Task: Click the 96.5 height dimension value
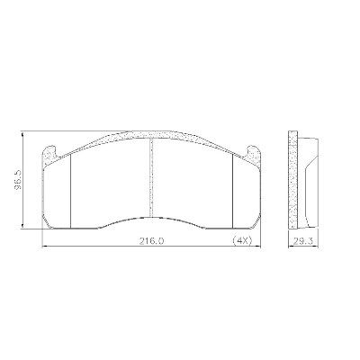(18, 181)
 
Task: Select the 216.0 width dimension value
(151, 240)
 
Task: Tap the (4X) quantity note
(242, 240)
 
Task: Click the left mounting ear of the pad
(49, 154)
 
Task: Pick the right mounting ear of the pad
(254, 154)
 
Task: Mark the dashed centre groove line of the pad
(151, 178)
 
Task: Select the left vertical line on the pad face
(70, 191)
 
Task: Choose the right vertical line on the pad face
(233, 191)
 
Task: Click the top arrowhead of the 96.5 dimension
(22, 133)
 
